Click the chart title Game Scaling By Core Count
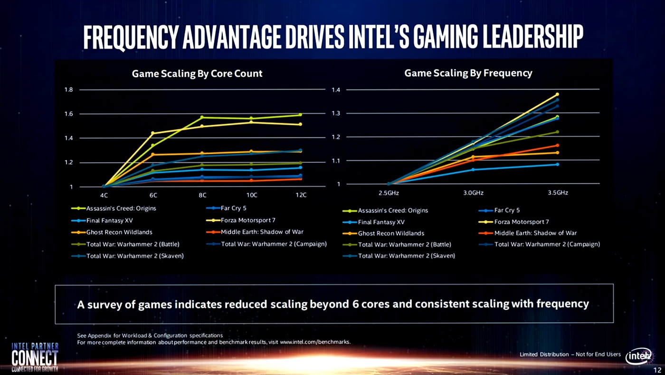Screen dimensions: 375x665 coord(197,74)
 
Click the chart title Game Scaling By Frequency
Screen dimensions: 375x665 coord(468,73)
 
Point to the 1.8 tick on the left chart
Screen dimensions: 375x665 coord(68,89)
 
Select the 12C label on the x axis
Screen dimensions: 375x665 coord(301,195)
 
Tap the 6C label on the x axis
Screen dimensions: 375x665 coord(153,195)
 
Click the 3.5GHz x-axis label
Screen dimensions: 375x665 coord(557,193)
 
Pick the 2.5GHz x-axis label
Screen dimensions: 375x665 coord(389,193)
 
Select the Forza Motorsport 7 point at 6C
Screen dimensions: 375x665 coord(153,133)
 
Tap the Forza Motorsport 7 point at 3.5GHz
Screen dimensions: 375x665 coord(557,94)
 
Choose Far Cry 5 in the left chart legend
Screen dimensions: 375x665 coord(233,208)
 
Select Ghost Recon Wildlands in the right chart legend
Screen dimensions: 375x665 coord(390,233)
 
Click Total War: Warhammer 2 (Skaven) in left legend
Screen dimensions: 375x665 coord(134,256)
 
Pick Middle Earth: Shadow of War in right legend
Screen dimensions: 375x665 coord(535,233)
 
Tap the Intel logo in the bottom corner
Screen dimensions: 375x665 coord(638,356)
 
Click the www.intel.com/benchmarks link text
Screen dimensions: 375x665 coord(315,342)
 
